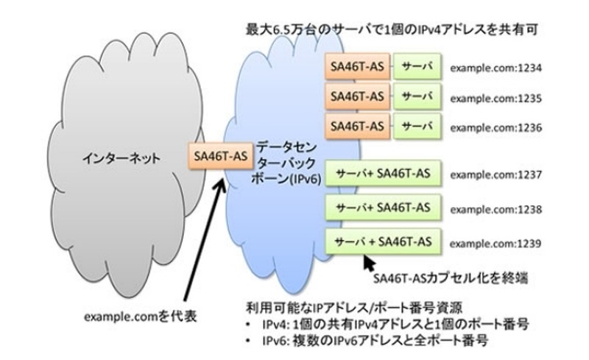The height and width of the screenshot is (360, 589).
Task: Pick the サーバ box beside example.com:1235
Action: (x=416, y=96)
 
